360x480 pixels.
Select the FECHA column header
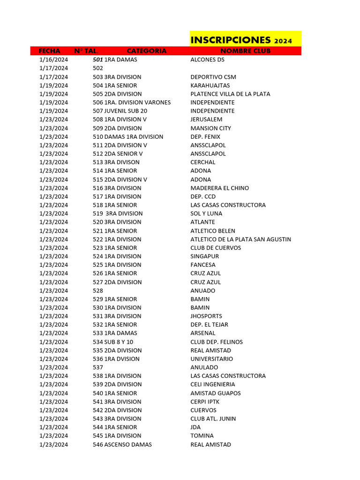49,51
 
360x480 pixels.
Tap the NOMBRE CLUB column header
245,51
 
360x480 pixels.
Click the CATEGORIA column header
146,51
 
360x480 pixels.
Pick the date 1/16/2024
53,60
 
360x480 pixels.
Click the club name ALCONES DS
207,60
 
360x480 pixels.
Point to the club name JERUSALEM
206,120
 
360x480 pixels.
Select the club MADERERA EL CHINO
219,188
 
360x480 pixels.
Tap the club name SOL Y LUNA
206,213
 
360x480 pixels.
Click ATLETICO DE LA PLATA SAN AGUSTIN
240,239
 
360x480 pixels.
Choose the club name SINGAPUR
204,256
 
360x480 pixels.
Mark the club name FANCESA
203,265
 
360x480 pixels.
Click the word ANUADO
202,291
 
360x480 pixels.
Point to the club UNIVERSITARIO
211,359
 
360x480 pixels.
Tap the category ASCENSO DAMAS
127,444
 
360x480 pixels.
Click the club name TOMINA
202,436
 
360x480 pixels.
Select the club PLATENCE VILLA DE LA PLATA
230,94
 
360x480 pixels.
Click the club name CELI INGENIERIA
212,384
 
